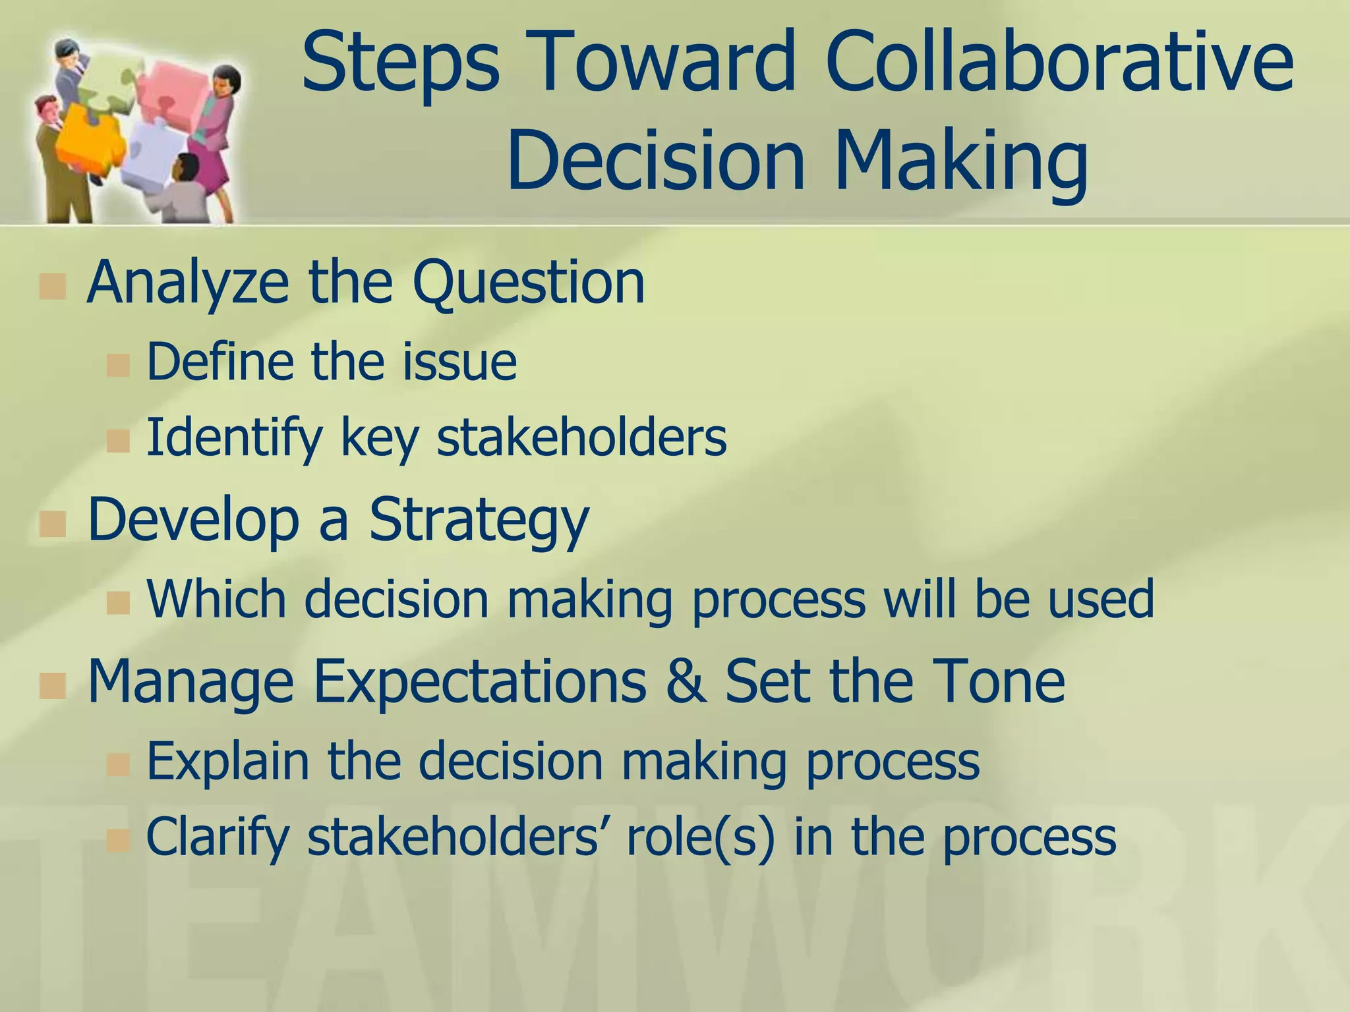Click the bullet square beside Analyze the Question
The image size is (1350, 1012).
point(52,286)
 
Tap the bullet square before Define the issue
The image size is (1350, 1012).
point(118,364)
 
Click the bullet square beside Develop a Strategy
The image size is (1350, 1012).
point(52,524)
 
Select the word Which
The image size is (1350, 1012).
point(216,599)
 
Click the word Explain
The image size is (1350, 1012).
point(227,762)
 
